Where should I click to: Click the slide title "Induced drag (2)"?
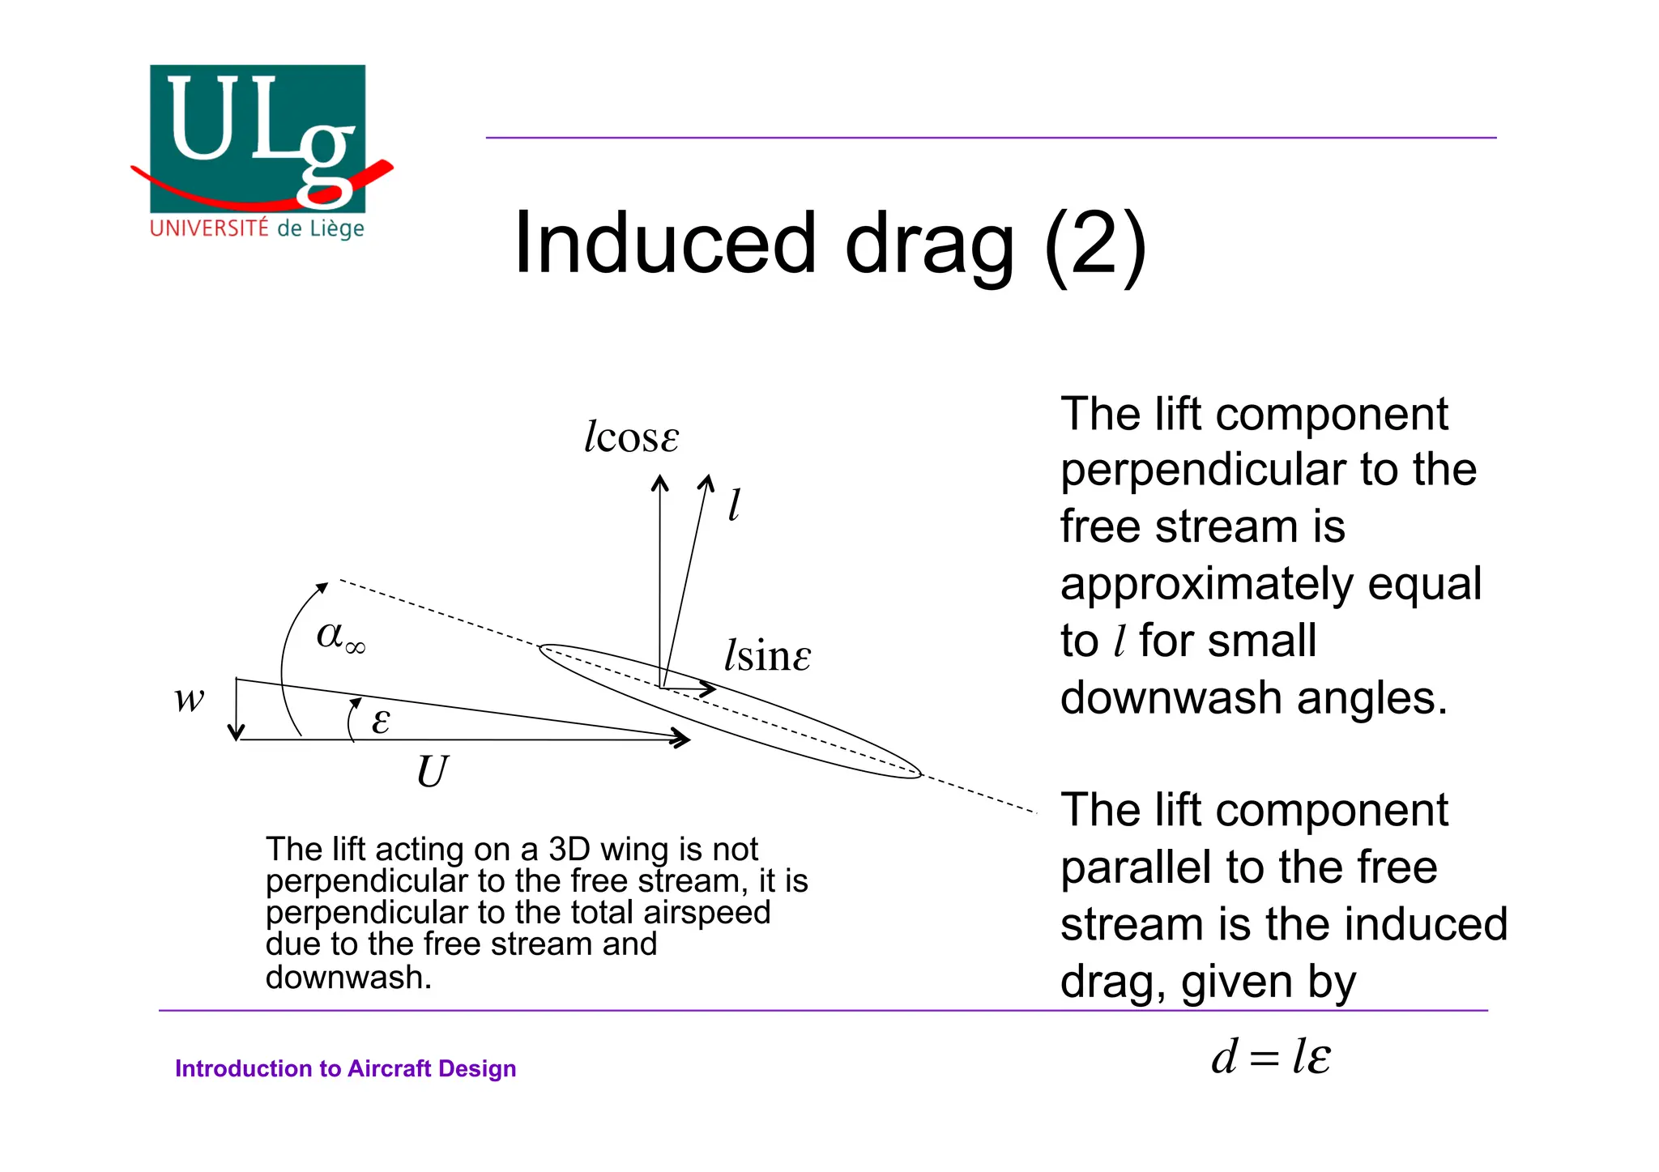(x=829, y=243)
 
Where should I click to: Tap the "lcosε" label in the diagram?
(x=631, y=437)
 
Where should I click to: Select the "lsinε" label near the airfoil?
(x=766, y=655)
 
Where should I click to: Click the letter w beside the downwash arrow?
(x=190, y=698)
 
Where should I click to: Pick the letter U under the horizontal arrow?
(x=432, y=771)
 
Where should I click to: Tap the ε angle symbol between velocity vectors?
(x=381, y=720)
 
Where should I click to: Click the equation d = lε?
(x=1270, y=1057)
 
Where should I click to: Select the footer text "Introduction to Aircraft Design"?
(x=345, y=1068)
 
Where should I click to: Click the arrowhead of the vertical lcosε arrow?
(x=660, y=483)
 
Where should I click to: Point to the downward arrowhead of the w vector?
(x=236, y=734)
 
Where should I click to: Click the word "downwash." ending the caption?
(x=348, y=978)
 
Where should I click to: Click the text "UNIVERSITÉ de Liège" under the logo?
(x=257, y=228)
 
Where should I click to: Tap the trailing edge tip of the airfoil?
(x=920, y=774)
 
